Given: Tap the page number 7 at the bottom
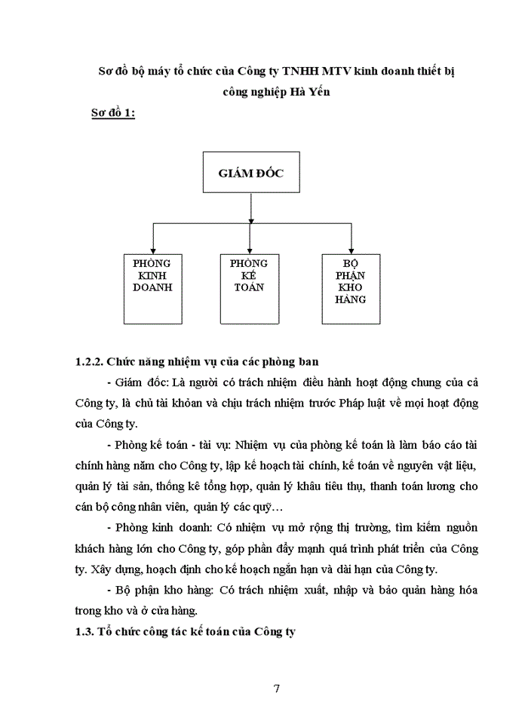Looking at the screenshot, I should point(277,688).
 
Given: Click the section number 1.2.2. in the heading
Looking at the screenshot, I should point(94,362).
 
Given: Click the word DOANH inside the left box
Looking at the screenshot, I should point(152,287).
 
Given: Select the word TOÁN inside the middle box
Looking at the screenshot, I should point(249,287).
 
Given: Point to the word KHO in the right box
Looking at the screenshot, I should point(351,287).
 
